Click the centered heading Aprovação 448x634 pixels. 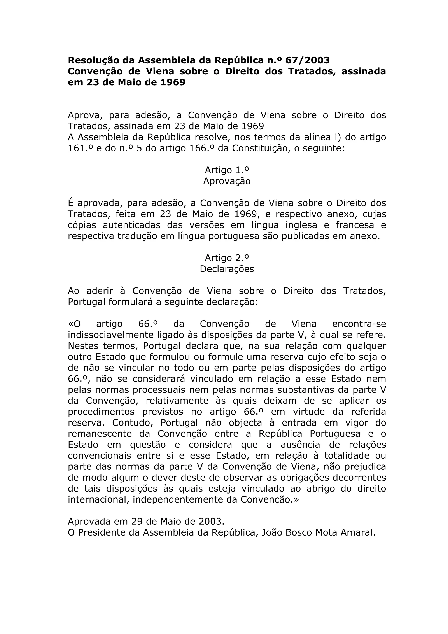click(x=227, y=181)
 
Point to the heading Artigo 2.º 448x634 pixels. click(x=227, y=258)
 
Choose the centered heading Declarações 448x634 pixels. click(x=227, y=269)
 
